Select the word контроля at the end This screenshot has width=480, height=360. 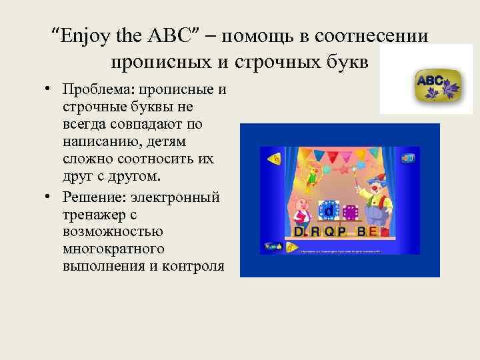point(193,267)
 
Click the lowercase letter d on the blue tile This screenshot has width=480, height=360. point(328,211)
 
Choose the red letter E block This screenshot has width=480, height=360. point(372,231)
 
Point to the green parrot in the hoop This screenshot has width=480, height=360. point(311,175)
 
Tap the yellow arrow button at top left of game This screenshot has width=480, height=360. point(273,159)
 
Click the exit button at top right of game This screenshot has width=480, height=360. point(407,158)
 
